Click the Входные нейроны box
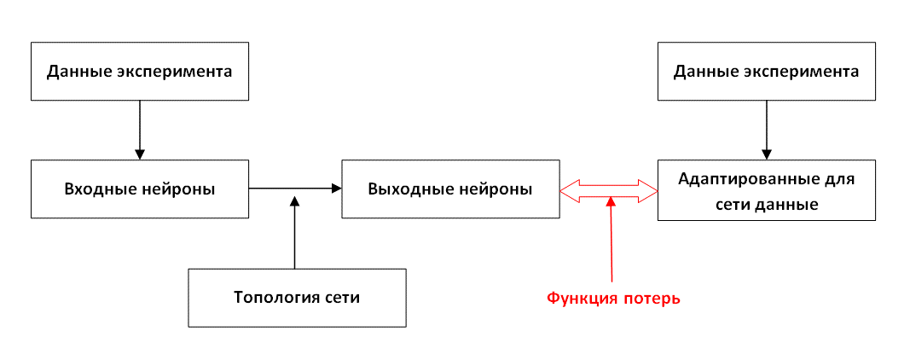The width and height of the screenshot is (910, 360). coord(140,189)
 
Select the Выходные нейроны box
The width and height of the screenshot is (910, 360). coord(450,189)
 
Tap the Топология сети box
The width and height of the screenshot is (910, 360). coord(297,298)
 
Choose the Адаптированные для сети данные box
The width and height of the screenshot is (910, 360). coord(766,191)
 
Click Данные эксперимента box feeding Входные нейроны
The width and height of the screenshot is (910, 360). coord(140,71)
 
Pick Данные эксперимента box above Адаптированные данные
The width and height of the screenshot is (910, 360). coord(766,71)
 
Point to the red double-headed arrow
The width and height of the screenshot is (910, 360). coord(609,190)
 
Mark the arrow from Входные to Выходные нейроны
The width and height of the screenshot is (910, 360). coord(293,188)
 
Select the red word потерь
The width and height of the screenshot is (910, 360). coord(653,299)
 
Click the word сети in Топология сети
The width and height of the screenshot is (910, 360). coord(339,298)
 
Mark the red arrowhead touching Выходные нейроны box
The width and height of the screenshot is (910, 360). coord(568,190)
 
